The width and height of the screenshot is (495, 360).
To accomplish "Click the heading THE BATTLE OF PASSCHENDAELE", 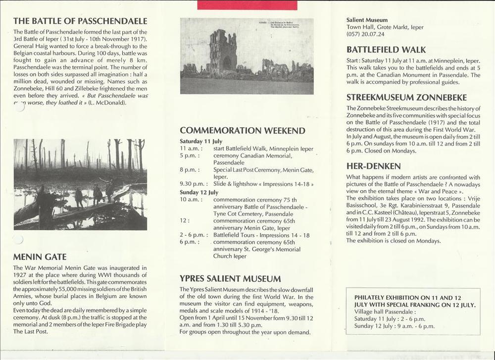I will [x=80, y=21].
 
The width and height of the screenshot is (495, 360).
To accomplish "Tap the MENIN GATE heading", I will [x=41, y=257].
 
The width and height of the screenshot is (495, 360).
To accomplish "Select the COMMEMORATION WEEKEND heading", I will [x=242, y=131].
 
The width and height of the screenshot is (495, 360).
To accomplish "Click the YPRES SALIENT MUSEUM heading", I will [x=230, y=279].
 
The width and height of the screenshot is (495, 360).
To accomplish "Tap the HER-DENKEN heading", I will [x=374, y=166].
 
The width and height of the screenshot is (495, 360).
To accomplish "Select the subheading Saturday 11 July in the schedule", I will [x=201, y=141].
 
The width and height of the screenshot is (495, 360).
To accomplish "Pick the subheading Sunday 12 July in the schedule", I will [x=199, y=192].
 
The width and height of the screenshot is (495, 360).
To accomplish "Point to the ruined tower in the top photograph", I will [x=222, y=51].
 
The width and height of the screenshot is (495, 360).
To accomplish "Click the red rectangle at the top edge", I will [x=247, y=4].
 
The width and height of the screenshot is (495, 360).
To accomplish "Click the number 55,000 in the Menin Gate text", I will [x=69, y=289].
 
